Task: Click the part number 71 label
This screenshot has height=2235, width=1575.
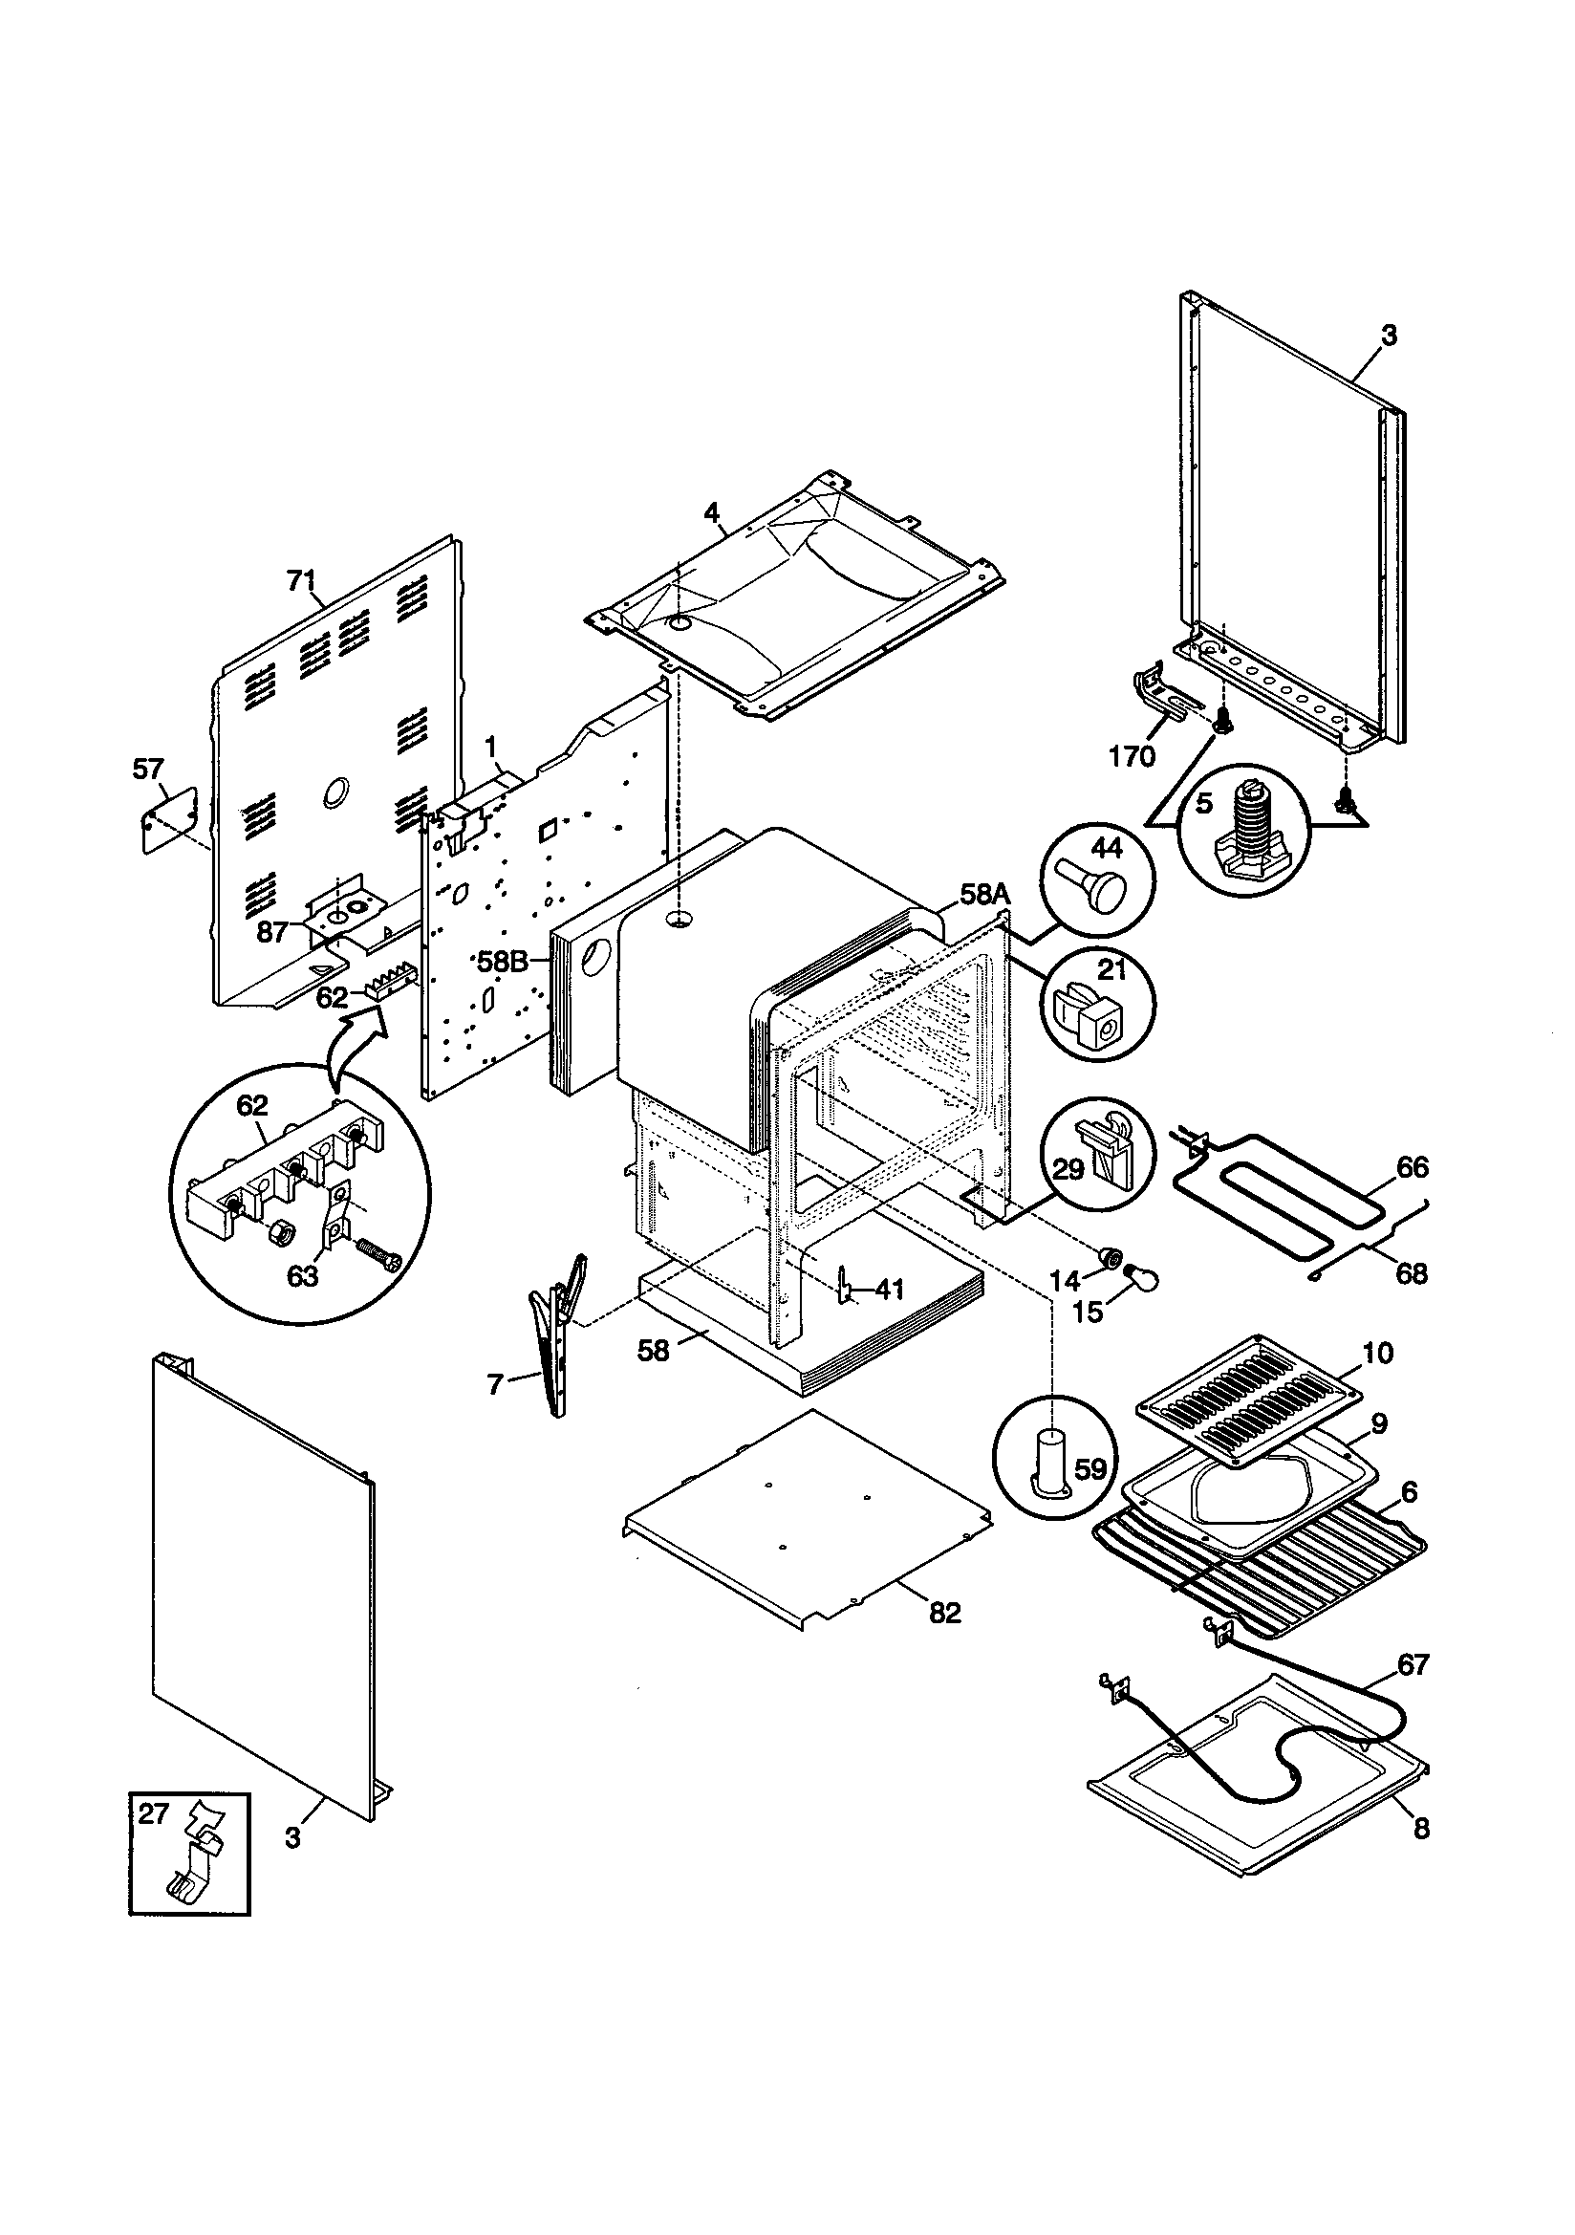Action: (300, 582)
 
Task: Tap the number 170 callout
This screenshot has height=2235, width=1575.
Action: (1131, 756)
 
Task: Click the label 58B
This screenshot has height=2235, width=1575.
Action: (503, 962)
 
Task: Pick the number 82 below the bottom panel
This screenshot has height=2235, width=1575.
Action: (944, 1614)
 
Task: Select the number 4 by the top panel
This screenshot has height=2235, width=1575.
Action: (712, 512)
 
